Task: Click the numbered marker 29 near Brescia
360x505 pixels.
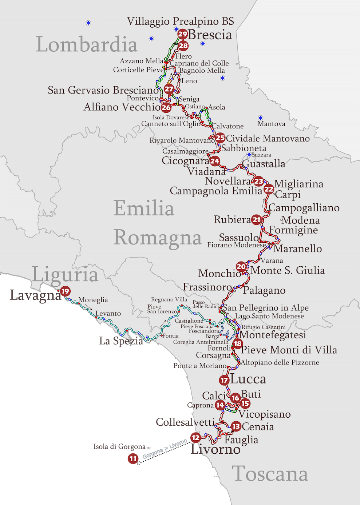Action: tap(182, 35)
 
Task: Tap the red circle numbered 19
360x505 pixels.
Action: tap(65, 291)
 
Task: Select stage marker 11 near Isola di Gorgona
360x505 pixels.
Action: tap(133, 459)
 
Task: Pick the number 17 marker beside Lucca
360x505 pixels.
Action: tap(224, 380)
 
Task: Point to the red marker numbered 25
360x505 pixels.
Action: tap(220, 138)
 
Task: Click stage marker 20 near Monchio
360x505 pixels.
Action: tap(241, 267)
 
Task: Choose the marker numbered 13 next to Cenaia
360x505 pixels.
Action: tap(236, 426)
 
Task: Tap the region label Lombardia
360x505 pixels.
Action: tap(87, 44)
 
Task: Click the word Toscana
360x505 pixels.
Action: tap(270, 474)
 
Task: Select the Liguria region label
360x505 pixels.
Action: tap(65, 274)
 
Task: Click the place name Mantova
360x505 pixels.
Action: tap(271, 124)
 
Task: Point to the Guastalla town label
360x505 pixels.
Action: tap(264, 164)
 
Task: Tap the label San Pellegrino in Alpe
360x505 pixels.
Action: tap(266, 308)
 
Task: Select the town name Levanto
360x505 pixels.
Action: tap(108, 313)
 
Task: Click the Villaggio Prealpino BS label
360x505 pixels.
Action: tap(180, 21)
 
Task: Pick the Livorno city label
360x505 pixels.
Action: tap(215, 449)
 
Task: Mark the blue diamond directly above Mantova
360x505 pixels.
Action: tap(261, 118)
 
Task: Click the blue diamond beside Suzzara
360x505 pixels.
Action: tap(249, 155)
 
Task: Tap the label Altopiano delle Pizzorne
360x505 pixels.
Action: tap(280, 362)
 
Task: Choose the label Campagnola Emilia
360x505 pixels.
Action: tap(216, 191)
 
